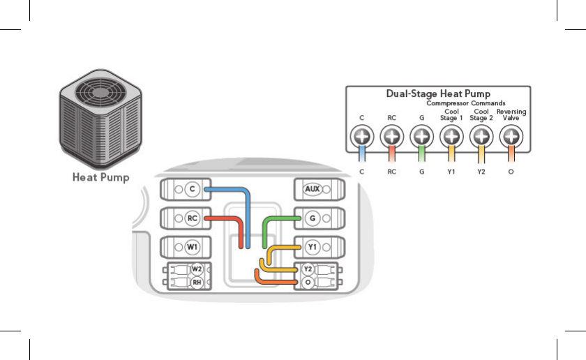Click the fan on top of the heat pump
coord(100,92)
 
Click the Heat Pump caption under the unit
coord(101,177)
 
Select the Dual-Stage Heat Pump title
coord(438,93)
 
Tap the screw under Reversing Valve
coord(511,136)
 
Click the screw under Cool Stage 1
coord(451,136)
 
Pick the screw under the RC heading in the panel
coord(391,136)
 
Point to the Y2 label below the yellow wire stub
coord(481,172)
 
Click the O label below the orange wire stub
coord(511,172)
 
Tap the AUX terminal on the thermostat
coord(313,189)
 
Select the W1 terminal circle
coord(192,247)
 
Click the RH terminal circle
coord(197,283)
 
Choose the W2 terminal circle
coord(197,269)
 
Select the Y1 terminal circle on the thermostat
coord(313,247)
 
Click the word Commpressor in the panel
coord(448,103)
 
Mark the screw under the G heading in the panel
coord(421,136)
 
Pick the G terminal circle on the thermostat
coord(313,218)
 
